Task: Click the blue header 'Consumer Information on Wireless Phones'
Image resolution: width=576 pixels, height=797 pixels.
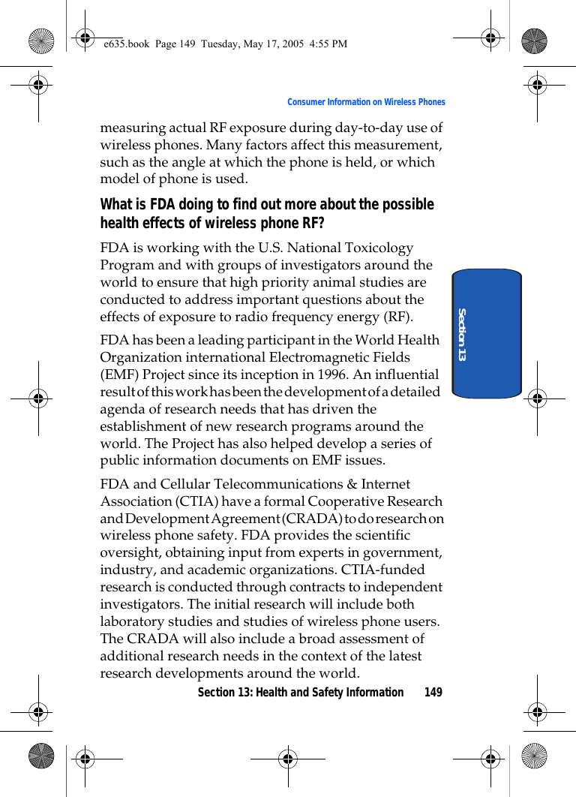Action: (x=366, y=102)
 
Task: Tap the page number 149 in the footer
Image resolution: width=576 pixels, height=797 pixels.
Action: (x=433, y=692)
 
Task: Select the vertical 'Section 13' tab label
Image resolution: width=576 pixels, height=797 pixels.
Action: (x=462, y=333)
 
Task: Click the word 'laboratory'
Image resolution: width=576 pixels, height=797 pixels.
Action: (x=132, y=621)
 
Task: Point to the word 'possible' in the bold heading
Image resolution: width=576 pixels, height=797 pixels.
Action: (x=406, y=205)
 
